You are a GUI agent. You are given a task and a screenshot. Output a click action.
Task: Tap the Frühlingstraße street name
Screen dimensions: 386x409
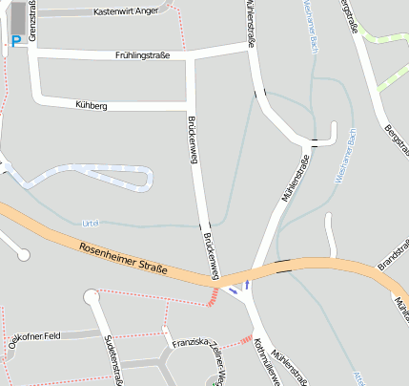(142, 55)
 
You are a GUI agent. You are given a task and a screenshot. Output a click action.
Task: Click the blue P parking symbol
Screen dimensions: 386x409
(15, 41)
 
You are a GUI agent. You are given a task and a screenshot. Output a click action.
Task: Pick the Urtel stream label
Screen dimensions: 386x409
(92, 222)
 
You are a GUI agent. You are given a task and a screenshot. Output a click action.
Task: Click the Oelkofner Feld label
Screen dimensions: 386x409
(32, 336)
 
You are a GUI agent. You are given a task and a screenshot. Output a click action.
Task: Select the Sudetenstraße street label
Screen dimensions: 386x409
(114, 361)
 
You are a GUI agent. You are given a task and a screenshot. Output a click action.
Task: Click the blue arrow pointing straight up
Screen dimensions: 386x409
(248, 283)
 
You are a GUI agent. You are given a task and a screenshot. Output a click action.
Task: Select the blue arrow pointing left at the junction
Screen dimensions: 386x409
(235, 289)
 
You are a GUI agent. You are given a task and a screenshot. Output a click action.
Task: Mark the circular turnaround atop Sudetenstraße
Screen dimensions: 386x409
(92, 297)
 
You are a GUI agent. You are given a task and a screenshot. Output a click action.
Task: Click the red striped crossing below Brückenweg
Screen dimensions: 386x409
(212, 298)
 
